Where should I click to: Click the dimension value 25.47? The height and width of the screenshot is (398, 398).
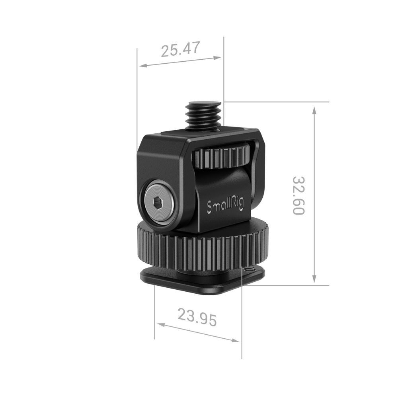[179, 50]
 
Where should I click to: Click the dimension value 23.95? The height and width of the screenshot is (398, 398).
[197, 318]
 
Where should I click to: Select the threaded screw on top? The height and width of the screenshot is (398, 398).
[204, 115]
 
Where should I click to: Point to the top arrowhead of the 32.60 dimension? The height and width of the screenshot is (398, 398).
[314, 110]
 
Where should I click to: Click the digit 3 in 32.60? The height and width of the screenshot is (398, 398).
[299, 180]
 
